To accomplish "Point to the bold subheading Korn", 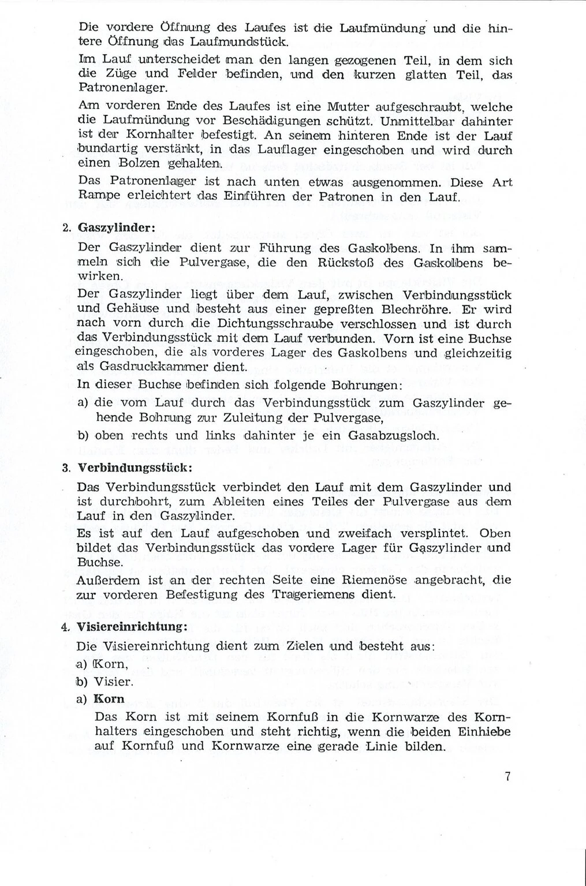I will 109,698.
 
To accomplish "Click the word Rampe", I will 96,197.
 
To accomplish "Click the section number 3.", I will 66,467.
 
